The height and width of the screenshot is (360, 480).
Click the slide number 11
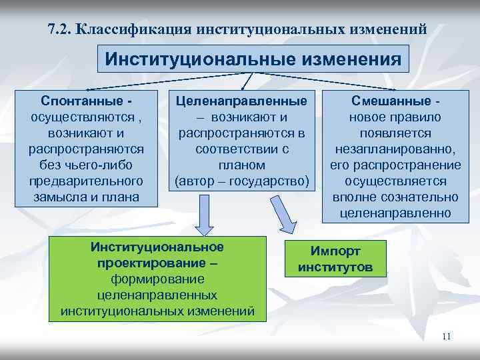[447, 336]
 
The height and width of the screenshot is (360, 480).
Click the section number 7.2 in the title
[59, 29]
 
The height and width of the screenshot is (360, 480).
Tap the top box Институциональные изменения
[253, 59]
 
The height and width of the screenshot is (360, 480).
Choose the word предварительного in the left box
[87, 181]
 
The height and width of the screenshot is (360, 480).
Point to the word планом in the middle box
[242, 165]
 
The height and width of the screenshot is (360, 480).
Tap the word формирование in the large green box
[157, 278]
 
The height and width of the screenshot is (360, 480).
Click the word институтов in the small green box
[335, 267]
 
